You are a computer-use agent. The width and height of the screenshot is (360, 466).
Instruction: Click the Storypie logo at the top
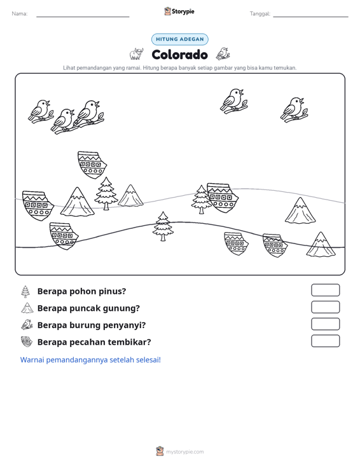(179, 11)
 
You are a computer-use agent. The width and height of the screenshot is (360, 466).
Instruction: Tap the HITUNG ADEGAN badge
(179, 39)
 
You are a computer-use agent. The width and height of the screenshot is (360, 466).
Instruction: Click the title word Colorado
(179, 55)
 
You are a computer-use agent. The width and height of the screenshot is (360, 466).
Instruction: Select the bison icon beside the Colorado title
(137, 54)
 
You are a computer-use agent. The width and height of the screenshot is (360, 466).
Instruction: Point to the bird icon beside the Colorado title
(223, 54)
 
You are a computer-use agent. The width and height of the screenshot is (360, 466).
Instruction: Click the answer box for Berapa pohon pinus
(325, 290)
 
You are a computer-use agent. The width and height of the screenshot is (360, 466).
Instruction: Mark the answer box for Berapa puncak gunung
(325, 307)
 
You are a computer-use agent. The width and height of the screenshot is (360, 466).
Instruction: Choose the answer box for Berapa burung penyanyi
(325, 324)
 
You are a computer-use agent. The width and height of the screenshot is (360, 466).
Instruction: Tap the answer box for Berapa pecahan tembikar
(325, 341)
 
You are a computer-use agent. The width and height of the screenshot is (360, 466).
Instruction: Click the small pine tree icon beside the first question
(25, 292)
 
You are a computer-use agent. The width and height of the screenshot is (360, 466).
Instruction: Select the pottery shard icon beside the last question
(27, 342)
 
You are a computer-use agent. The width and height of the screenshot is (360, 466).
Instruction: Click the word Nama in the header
(20, 14)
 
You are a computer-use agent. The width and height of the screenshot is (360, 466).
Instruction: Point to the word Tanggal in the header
(260, 14)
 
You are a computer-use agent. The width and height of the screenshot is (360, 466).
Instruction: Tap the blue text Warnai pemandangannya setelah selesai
(90, 360)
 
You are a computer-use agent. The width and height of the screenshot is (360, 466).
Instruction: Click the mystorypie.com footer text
(184, 452)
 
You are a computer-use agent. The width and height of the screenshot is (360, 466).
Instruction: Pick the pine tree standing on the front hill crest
(163, 226)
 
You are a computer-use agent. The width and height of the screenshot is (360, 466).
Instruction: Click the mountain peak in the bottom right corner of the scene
(321, 245)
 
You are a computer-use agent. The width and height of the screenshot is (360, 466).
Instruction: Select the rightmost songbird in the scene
(294, 109)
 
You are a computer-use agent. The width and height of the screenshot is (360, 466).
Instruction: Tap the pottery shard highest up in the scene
(92, 165)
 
